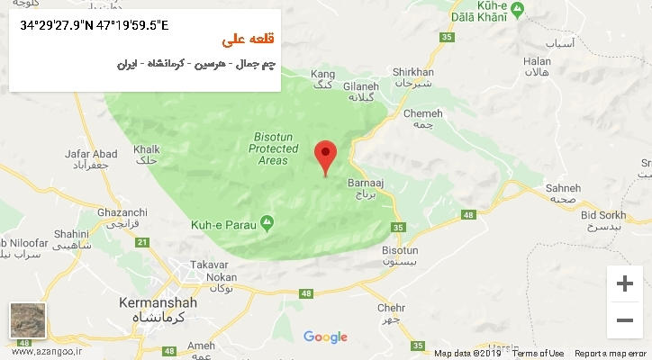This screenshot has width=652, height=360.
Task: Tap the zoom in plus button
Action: coord(624,283)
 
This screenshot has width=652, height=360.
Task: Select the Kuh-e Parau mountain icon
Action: coord(267,222)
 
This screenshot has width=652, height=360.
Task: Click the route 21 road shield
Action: coord(141,242)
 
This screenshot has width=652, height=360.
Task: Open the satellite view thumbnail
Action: coord(28,321)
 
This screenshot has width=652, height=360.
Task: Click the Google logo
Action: coord(325,337)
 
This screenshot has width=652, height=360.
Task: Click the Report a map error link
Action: coord(611,354)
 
